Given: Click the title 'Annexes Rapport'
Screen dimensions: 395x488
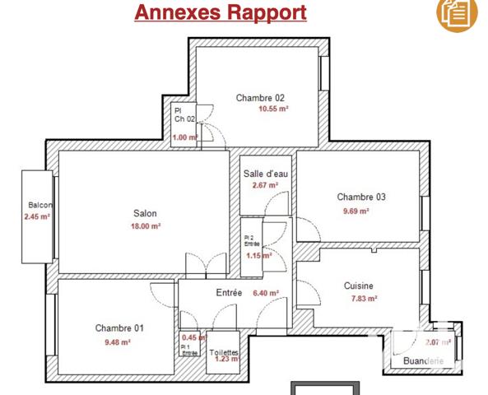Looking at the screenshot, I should point(220,13).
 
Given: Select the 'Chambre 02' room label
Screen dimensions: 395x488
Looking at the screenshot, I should point(260,98).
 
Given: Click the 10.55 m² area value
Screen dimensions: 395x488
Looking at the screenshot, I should point(274,109).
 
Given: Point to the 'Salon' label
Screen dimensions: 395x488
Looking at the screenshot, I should point(145,214).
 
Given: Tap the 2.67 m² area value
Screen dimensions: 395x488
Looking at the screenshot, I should point(266,185).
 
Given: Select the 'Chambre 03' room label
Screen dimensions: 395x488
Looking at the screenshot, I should point(361,197).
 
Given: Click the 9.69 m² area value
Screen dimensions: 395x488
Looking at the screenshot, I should point(355,211).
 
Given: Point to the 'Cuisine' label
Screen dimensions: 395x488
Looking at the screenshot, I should point(360,286).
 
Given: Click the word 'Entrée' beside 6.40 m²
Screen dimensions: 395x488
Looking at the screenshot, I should point(229,293).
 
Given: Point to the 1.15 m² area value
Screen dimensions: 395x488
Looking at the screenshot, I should point(258,255).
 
